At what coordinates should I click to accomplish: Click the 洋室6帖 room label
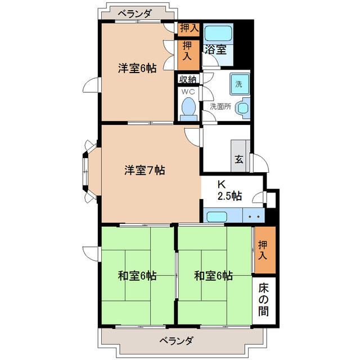point(137,68)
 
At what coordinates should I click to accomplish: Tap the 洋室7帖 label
point(145,170)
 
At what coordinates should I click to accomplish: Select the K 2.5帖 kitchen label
point(229,190)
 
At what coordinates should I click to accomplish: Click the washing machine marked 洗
point(240,84)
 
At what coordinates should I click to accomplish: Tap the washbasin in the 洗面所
point(243,108)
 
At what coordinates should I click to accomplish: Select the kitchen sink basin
point(217,217)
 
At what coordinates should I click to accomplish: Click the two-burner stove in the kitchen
point(254,215)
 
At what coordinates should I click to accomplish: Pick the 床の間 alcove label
point(263,300)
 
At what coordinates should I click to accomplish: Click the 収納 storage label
point(188,79)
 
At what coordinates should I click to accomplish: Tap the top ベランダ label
point(135,14)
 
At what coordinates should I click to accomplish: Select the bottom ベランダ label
point(176,341)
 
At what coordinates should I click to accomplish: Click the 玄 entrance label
point(238,159)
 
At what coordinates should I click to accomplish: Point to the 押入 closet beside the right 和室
point(265,250)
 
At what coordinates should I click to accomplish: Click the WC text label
point(188,92)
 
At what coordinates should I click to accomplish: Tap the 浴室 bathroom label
point(215,49)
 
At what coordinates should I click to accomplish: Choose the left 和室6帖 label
point(137,276)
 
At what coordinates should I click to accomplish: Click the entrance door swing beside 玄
point(260,163)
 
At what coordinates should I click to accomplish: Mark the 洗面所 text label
point(220,106)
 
